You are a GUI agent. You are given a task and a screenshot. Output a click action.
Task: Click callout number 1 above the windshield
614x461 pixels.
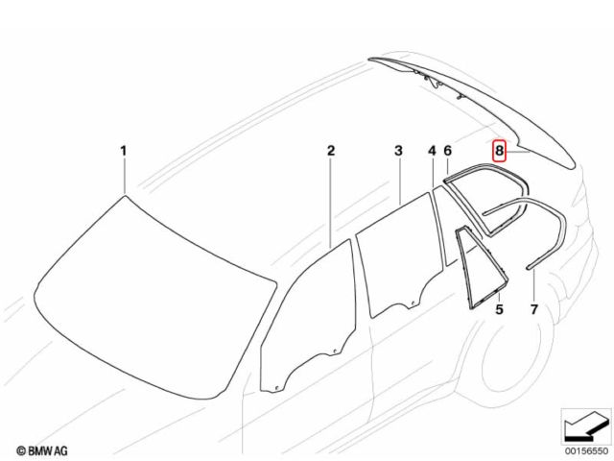click(x=124, y=151)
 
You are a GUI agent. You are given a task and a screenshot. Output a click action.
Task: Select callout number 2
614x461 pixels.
click(x=331, y=151)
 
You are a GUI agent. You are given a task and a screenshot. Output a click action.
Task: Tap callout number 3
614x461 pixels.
click(x=398, y=151)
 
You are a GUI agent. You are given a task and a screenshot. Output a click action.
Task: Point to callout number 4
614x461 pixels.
click(x=432, y=151)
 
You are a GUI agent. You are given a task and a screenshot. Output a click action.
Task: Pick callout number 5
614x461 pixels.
click(x=499, y=309)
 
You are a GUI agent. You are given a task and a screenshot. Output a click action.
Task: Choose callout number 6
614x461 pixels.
click(x=448, y=151)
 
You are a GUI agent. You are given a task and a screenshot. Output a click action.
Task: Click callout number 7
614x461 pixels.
click(x=534, y=309)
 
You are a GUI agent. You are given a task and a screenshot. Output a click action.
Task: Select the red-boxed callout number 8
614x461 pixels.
click(x=499, y=151)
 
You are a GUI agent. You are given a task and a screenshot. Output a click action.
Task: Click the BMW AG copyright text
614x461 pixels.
click(x=42, y=450)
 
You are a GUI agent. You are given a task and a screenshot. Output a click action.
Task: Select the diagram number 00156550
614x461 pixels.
click(x=587, y=451)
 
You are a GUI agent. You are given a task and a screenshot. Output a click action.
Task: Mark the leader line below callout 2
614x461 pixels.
click(x=331, y=203)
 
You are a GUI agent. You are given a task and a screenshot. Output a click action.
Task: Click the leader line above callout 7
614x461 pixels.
click(x=534, y=285)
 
